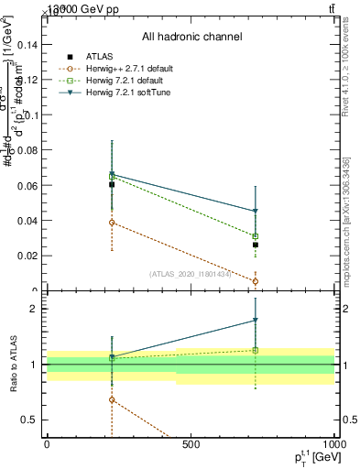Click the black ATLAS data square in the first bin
pos(112,184)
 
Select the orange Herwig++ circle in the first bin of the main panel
pos(112,223)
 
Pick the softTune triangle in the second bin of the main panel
pos(256,212)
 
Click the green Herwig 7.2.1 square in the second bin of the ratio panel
pos(256,350)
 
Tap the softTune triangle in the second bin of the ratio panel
pos(256,321)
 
